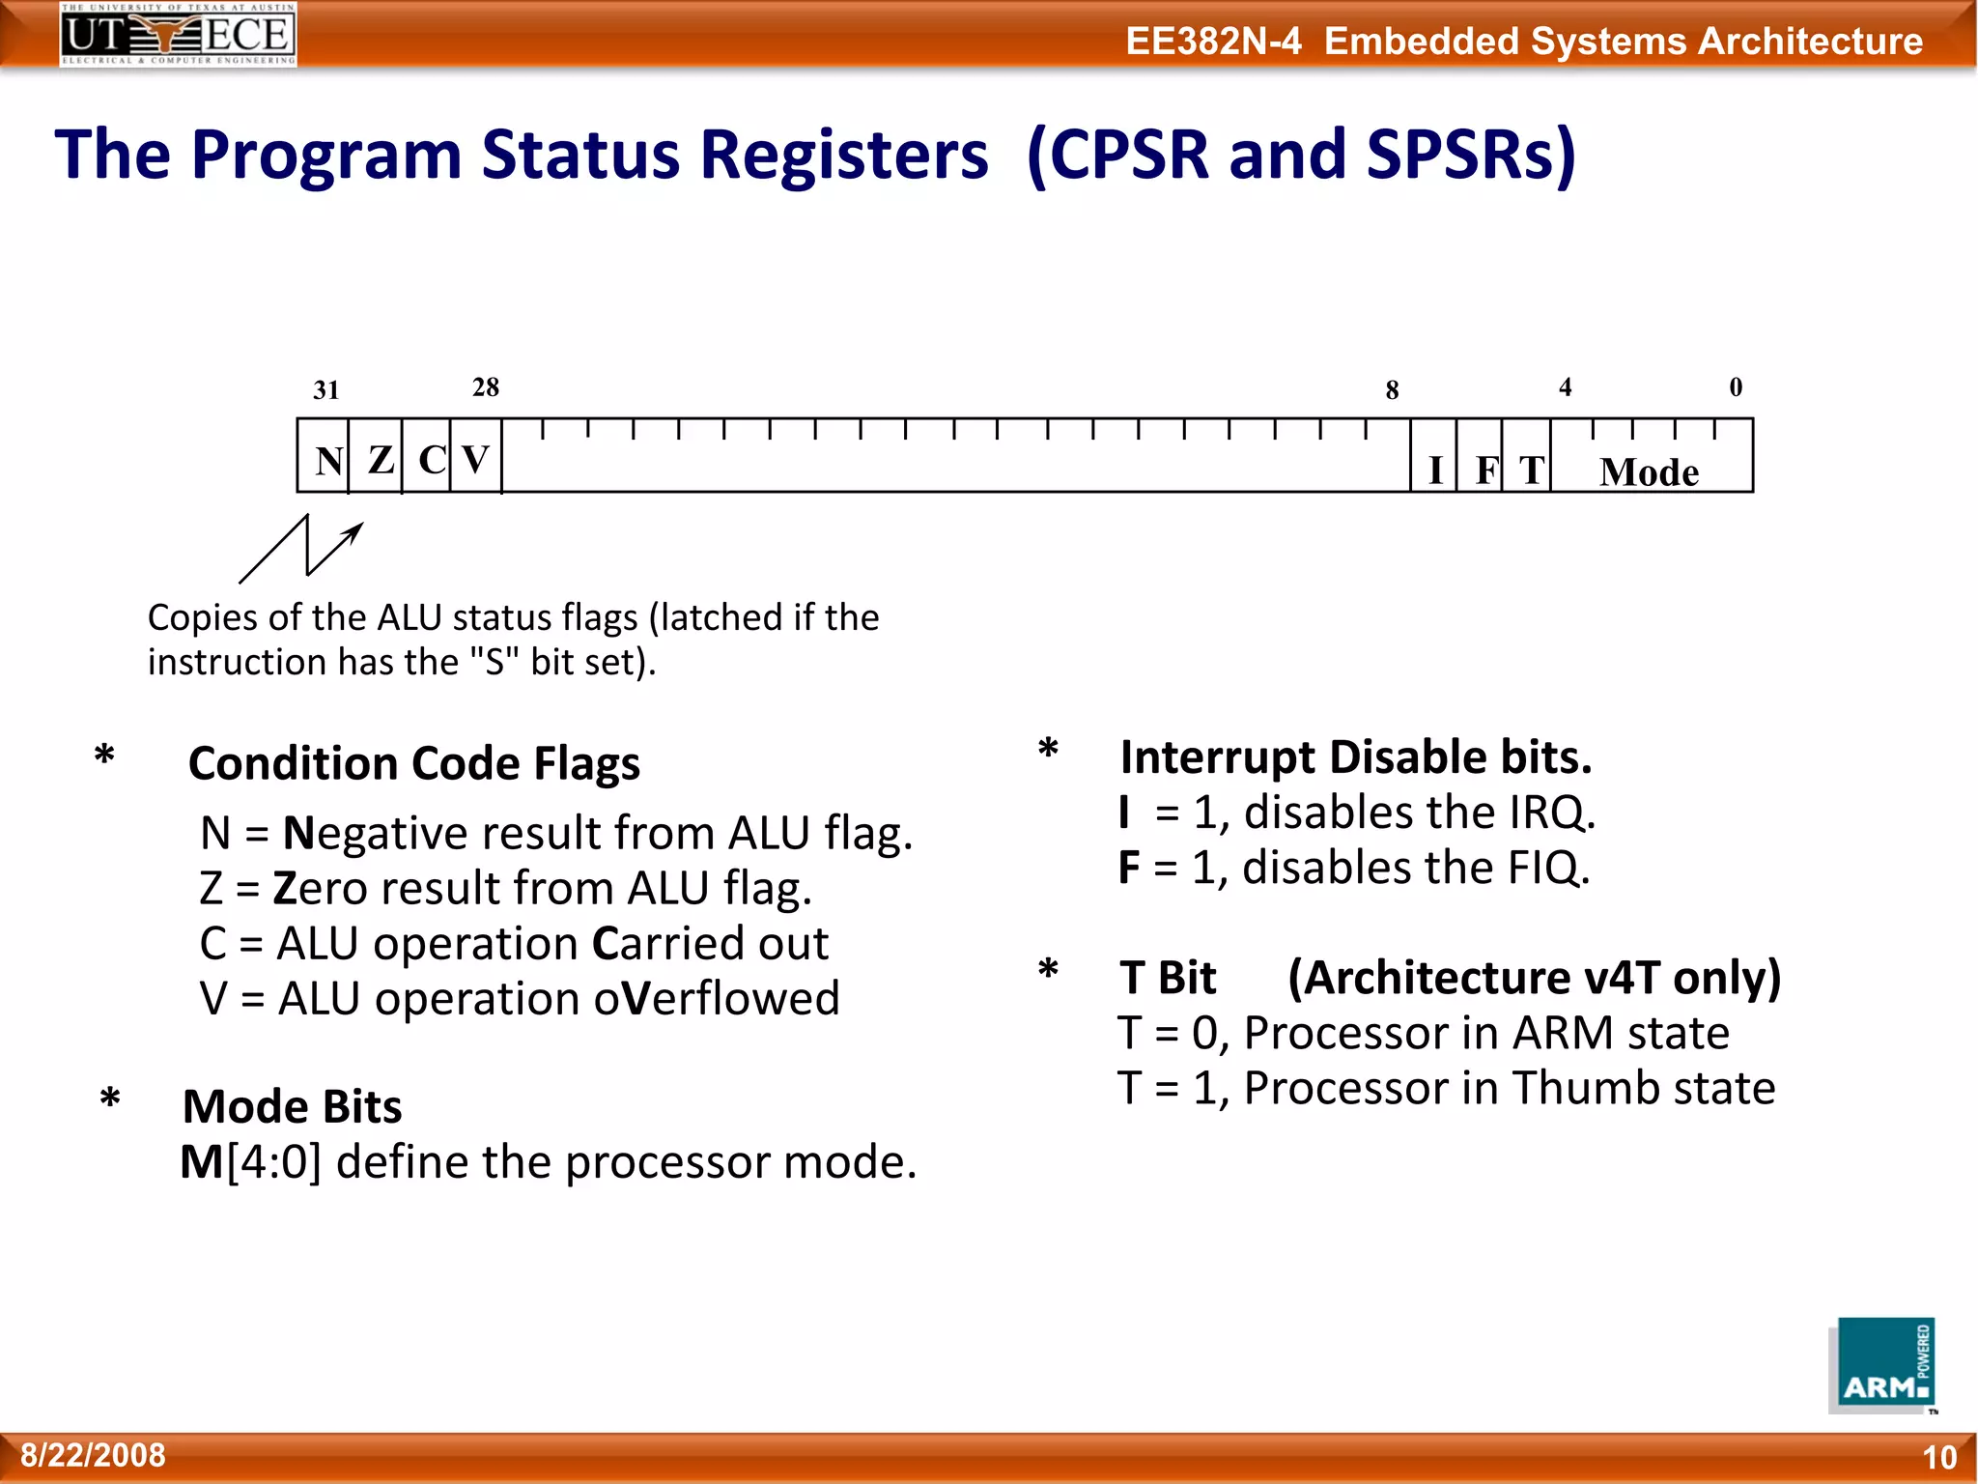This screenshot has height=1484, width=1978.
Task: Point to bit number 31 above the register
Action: coord(325,390)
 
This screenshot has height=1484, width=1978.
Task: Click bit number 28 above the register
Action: coord(485,387)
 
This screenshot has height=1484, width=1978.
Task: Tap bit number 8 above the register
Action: coord(1392,390)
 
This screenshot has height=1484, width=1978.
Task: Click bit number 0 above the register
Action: coord(1735,387)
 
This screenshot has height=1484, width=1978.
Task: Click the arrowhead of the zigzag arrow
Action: coord(355,530)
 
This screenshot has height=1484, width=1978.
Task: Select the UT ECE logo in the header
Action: coord(178,34)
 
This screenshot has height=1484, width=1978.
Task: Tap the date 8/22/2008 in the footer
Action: coord(93,1455)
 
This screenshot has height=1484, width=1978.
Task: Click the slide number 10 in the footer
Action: coord(1938,1457)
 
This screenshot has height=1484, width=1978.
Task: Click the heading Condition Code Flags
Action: coord(413,763)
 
